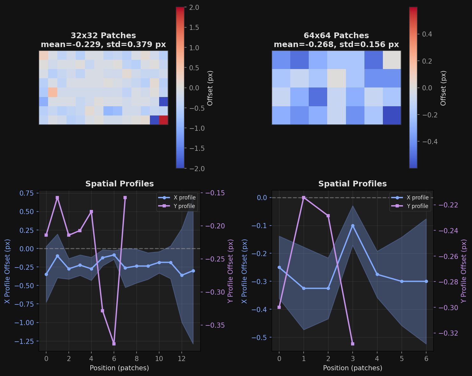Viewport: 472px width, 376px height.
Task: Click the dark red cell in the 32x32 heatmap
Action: [163, 120]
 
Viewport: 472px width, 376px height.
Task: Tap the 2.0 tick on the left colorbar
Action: [194, 7]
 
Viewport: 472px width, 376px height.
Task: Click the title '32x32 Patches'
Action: [103, 36]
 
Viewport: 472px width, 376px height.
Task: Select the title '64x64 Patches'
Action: [336, 36]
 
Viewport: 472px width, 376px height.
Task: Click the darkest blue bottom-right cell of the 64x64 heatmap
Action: [392, 115]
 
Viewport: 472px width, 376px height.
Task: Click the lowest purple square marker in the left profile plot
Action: [114, 344]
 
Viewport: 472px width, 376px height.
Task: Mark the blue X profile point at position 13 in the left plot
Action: [193, 271]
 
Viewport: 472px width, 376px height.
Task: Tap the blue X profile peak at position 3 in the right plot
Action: [353, 226]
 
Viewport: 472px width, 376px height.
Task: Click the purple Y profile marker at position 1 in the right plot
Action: [304, 198]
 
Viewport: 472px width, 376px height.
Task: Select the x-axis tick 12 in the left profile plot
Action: [182, 359]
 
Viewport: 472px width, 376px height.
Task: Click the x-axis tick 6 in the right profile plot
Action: [426, 359]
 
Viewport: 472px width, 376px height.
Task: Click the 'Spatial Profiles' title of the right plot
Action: [352, 184]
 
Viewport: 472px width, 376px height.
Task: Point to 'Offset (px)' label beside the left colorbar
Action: [210, 88]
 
